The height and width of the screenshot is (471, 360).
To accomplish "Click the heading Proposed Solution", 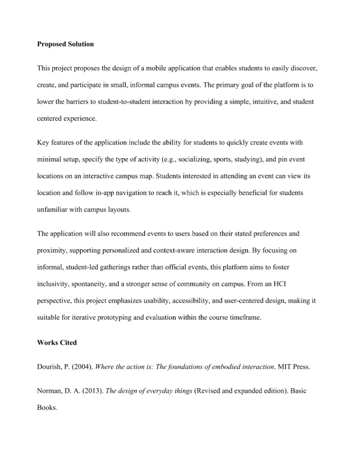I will coord(65,44).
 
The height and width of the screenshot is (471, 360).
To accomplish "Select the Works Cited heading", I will coord(57,342).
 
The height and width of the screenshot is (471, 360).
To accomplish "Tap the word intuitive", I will coord(251,101).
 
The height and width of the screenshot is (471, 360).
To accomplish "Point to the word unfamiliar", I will coord(52,210).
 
